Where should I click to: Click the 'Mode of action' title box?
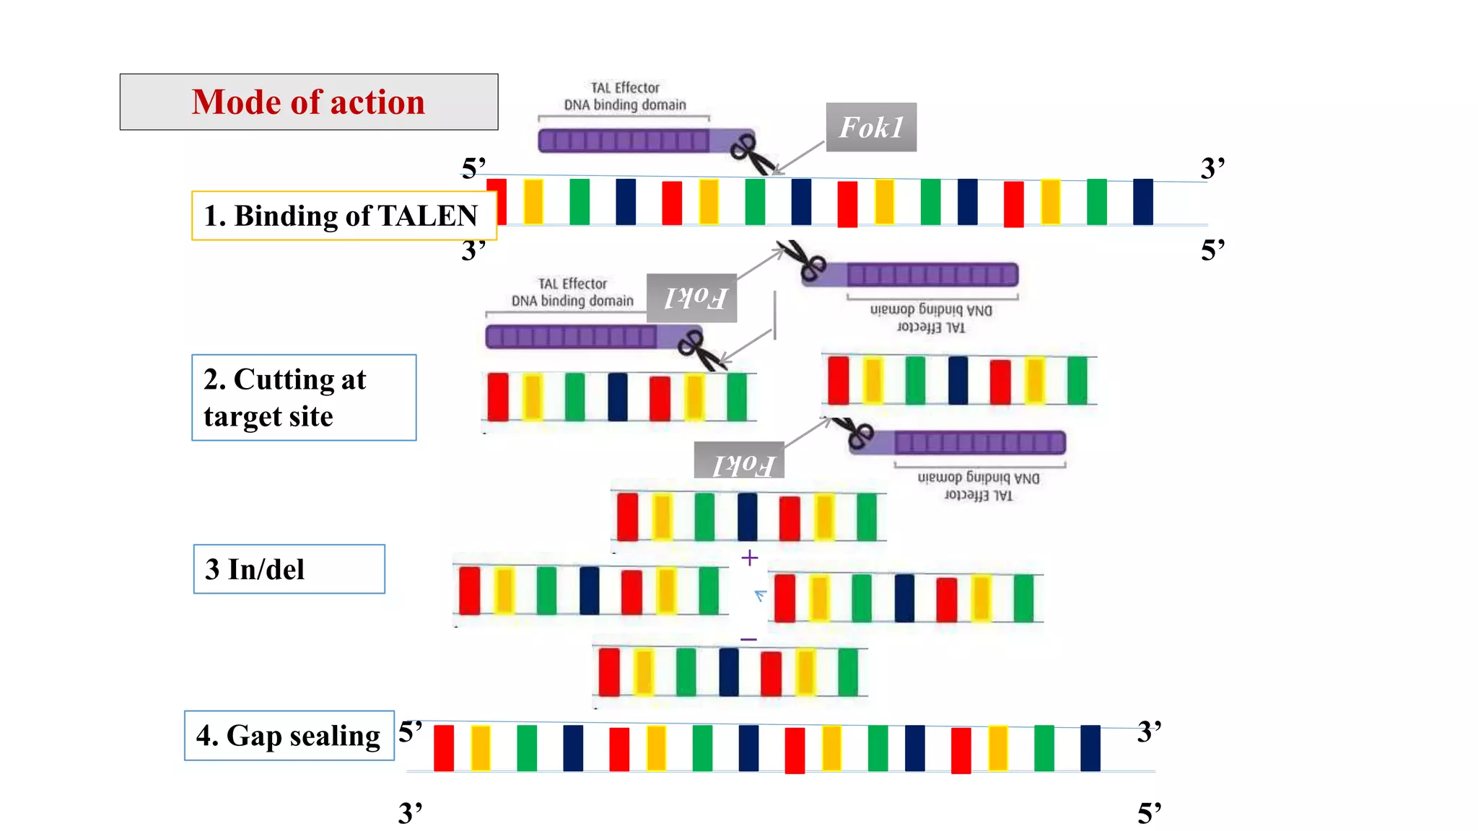click(x=308, y=102)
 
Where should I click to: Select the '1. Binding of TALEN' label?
click(x=344, y=216)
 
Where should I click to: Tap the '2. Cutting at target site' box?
click(x=303, y=397)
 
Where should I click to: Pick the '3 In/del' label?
click(x=289, y=569)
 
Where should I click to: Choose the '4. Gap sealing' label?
click(x=289, y=736)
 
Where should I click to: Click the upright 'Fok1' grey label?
click(x=871, y=128)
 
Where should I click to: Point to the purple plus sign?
click(x=750, y=558)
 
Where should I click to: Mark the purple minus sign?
click(x=749, y=639)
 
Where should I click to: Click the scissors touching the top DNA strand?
click(x=751, y=155)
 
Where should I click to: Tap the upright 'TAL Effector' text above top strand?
click(x=625, y=88)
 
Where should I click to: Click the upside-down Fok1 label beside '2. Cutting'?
click(x=692, y=298)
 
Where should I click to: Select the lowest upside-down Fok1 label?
click(x=739, y=461)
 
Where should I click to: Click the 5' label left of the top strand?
click(x=473, y=168)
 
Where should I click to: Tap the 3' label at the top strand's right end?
click(x=1212, y=168)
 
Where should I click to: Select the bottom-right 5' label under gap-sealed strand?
click(x=1149, y=814)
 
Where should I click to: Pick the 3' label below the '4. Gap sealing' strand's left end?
click(x=410, y=813)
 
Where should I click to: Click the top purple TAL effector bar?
click(x=624, y=141)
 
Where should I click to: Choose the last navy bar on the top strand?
click(x=1143, y=202)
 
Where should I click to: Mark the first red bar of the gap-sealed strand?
click(x=444, y=748)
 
